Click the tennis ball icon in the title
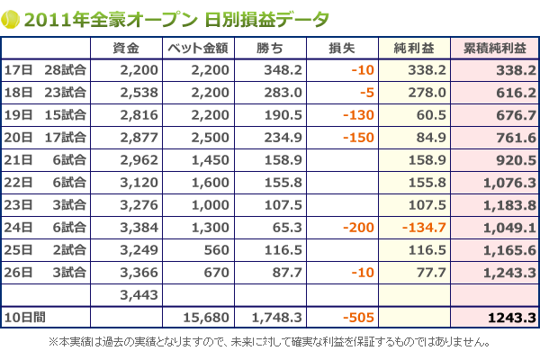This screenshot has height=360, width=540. pos(11,18)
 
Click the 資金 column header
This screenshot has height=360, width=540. pos(127,47)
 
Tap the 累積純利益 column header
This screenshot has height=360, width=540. pos(494,47)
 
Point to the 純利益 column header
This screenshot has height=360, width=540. pos(413,47)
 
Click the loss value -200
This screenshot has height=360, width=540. pos(358,227)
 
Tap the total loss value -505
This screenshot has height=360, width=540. pos(358,317)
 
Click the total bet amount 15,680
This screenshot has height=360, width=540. pos(211,317)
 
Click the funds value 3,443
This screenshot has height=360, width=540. pos(139,294)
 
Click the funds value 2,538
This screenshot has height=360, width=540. pos(139,92)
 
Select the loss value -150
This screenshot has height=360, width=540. pos(358,137)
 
